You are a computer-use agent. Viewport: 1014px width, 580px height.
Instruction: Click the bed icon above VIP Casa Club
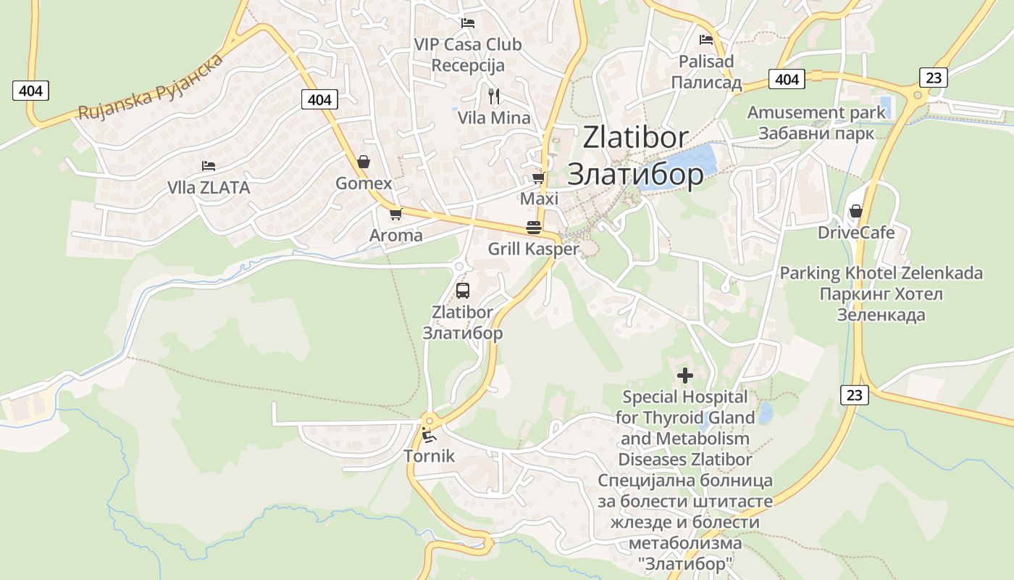click(x=467, y=23)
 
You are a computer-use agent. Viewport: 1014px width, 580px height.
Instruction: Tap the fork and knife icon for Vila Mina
click(x=494, y=96)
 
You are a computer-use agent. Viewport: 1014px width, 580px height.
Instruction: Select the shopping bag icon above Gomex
click(x=364, y=162)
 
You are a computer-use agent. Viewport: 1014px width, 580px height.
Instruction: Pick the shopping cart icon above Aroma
click(x=395, y=214)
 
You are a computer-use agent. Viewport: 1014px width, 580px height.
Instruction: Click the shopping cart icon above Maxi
click(x=538, y=178)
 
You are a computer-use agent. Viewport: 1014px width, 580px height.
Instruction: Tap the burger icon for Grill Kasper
click(x=534, y=228)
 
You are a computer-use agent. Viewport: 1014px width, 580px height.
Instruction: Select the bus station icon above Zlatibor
click(x=462, y=291)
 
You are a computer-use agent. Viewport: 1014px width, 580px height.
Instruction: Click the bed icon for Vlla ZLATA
click(x=209, y=166)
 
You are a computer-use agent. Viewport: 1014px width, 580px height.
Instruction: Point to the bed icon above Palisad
click(x=706, y=40)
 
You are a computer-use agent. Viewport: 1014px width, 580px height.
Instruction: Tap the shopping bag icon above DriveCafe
click(x=855, y=211)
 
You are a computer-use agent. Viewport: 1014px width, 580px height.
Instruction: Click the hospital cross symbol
click(x=684, y=376)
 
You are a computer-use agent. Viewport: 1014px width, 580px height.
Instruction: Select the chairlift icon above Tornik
click(x=429, y=435)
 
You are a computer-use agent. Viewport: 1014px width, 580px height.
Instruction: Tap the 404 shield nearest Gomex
click(x=319, y=99)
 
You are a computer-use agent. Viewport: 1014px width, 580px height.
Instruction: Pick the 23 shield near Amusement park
click(x=934, y=77)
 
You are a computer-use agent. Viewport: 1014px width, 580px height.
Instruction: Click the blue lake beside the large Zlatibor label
click(x=688, y=164)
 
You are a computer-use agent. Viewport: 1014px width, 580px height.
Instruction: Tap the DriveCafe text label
click(x=856, y=233)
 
